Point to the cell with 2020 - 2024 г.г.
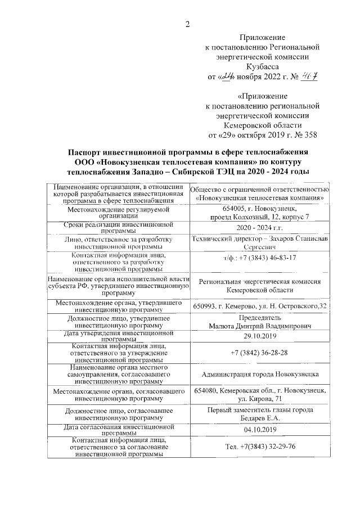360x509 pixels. [259, 229]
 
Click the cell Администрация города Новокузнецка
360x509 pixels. [259, 374]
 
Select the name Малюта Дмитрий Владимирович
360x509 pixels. [259, 326]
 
